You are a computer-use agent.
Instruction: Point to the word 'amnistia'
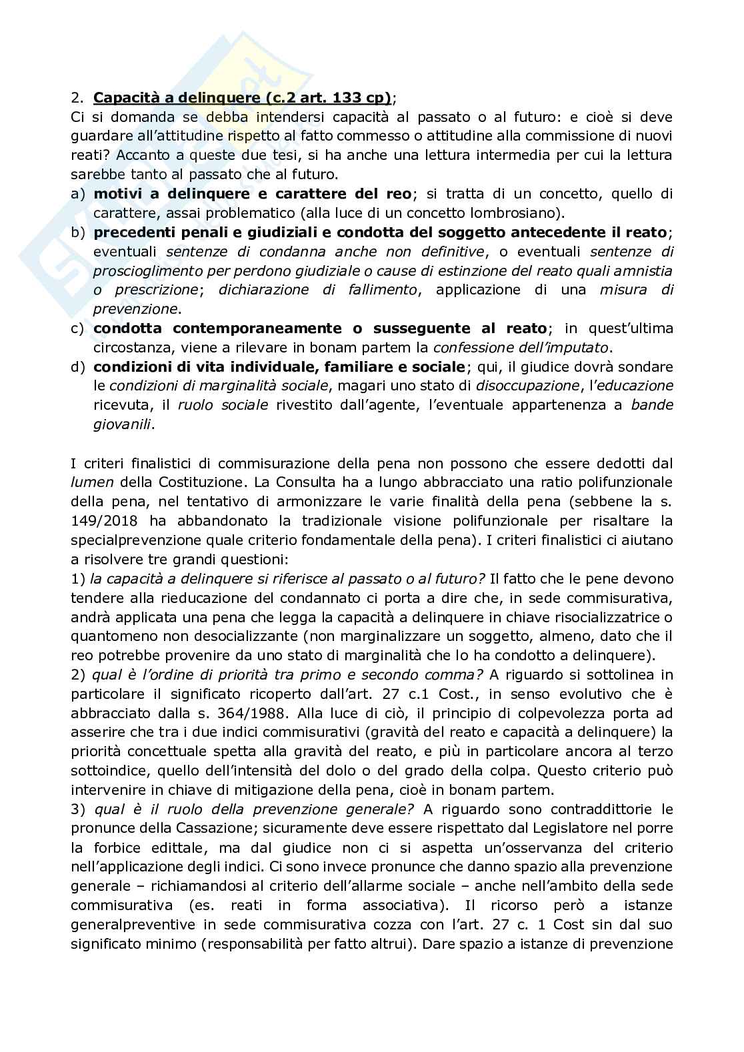pos(645,270)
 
